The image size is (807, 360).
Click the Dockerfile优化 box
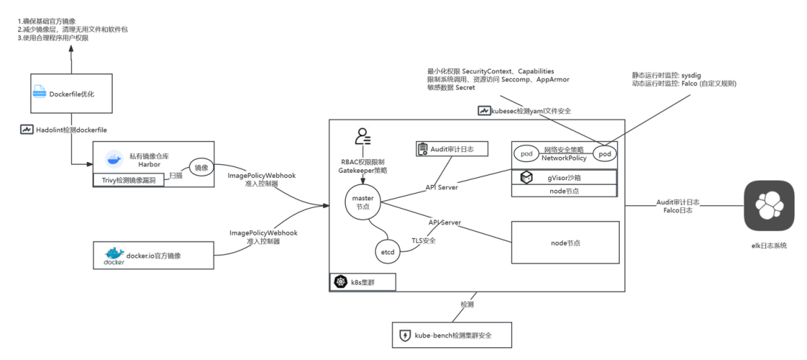tap(72, 93)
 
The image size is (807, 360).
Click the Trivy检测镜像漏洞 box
tap(128, 180)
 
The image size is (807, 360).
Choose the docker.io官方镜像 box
tap(154, 255)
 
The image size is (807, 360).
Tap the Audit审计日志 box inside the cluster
tap(452, 148)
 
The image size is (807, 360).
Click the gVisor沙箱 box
tap(564, 176)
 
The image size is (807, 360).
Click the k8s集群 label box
tap(363, 282)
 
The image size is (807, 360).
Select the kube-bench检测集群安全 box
tap(452, 335)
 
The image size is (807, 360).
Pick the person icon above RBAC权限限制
tap(363, 136)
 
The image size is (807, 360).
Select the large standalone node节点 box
tap(564, 243)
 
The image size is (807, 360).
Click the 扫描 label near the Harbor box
tap(175, 174)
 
